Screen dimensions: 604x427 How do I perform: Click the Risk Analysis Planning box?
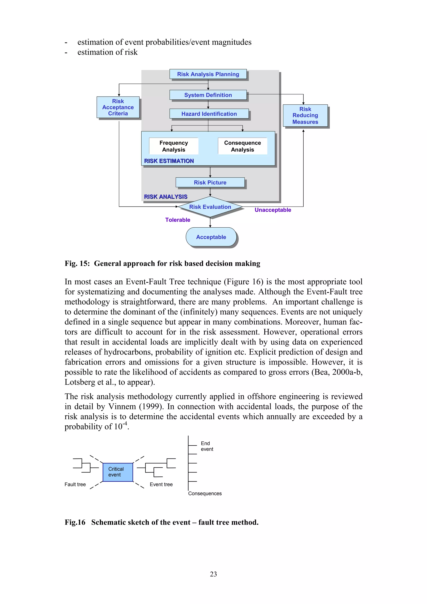pos(208,74)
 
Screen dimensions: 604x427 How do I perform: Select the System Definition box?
pos(208,95)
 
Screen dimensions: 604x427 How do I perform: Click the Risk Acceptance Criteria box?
pos(118,107)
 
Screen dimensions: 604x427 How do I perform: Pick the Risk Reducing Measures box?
pos(305,115)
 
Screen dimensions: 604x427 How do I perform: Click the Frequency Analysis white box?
pos(174,146)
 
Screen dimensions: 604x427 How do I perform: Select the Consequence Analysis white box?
pos(242,146)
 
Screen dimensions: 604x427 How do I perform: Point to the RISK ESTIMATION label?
pos(169,161)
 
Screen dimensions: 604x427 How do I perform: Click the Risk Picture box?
pos(210,183)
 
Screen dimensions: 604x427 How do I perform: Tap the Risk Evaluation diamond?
pos(210,207)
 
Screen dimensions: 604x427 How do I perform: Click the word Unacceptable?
pos(273,210)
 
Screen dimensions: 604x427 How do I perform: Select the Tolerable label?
pos(178,220)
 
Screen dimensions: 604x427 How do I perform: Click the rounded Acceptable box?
pos(211,237)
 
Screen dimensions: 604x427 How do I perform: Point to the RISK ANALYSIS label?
pos(166,197)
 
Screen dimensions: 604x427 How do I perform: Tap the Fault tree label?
pos(75,485)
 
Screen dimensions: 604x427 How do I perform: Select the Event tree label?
pos(161,485)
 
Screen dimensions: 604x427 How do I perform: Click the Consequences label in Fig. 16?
pos(205,494)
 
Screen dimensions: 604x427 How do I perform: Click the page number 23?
pos(213,574)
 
